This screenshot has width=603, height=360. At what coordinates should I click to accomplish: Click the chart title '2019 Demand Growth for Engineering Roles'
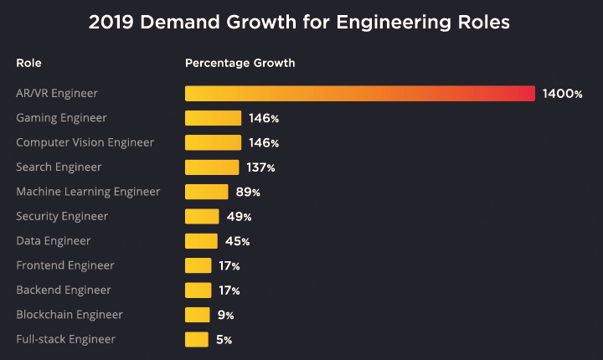click(299, 23)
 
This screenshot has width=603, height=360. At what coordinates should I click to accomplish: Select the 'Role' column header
click(28, 63)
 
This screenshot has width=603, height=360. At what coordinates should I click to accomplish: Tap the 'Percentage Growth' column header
click(240, 63)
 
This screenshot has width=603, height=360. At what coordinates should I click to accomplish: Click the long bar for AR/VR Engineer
click(359, 94)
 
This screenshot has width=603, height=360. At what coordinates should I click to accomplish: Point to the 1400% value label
click(562, 94)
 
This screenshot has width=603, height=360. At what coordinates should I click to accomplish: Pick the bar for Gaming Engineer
click(213, 118)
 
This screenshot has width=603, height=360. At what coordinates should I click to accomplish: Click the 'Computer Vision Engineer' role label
click(85, 142)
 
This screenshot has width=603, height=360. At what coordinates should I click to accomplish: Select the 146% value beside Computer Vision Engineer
click(264, 143)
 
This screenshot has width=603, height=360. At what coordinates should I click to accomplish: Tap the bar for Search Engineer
click(212, 167)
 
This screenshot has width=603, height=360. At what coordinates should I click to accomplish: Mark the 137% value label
click(260, 167)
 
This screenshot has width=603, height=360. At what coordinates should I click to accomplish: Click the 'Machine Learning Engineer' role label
click(88, 192)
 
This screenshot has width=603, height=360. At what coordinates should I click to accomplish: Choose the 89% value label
click(248, 192)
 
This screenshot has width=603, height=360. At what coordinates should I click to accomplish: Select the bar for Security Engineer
click(202, 217)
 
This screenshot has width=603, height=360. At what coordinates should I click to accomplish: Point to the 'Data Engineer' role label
click(54, 241)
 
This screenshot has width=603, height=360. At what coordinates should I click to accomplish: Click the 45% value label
click(238, 241)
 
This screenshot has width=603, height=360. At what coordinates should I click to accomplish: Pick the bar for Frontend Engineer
click(198, 265)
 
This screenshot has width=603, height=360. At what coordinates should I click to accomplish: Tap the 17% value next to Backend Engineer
click(229, 291)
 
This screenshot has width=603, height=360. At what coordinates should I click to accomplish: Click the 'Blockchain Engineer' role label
click(70, 315)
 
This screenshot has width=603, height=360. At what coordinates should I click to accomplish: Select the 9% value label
click(225, 316)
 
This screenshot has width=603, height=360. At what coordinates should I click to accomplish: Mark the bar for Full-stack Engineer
click(196, 339)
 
